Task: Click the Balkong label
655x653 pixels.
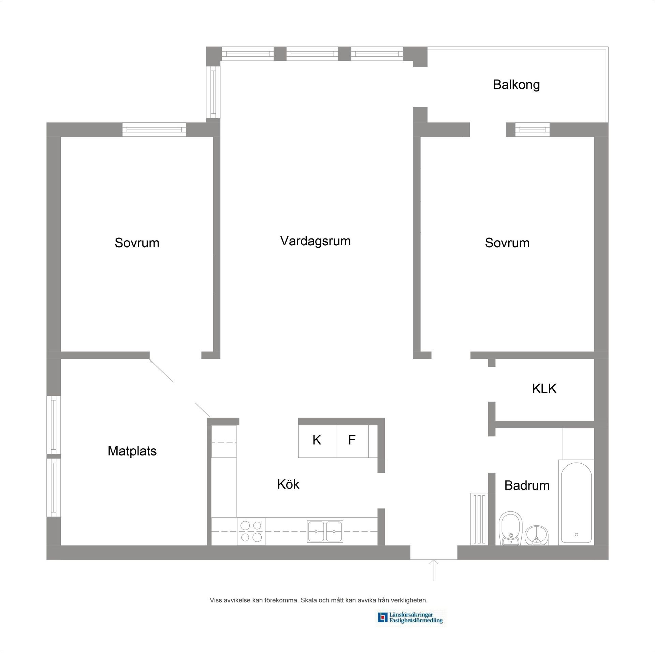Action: coord(516,85)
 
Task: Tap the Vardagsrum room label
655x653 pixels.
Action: coord(315,241)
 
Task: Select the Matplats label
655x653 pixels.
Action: coord(132,451)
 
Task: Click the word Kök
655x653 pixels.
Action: coord(288,484)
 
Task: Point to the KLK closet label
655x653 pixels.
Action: coord(544,389)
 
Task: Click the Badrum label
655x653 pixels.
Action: coord(527,485)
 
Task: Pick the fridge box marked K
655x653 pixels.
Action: coord(317,440)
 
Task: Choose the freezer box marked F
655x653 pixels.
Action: coord(352,440)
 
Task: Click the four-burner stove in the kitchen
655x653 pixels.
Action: coord(251,531)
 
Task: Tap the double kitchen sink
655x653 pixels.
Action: coord(325,531)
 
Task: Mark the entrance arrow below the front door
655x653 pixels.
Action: coord(434,570)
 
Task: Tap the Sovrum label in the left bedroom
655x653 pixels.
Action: coord(137,243)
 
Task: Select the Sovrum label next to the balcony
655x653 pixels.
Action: coord(507,243)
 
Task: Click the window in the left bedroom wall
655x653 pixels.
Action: coord(154,130)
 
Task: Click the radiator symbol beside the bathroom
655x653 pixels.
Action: coord(479,519)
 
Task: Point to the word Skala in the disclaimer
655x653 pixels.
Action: coord(309,600)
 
